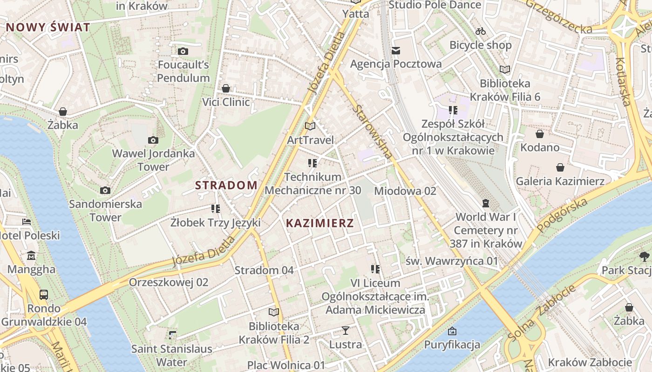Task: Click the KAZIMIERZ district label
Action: [319, 223]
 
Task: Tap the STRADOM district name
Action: [226, 185]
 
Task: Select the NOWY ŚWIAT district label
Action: [48, 27]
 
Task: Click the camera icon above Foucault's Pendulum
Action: [183, 51]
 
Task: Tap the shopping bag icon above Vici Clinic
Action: [226, 88]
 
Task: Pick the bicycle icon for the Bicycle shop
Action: [481, 32]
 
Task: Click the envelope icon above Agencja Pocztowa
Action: [396, 50]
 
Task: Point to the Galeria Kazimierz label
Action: [560, 181]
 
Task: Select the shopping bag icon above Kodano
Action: [540, 134]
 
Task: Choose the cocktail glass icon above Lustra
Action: [345, 331]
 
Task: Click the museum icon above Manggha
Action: [31, 256]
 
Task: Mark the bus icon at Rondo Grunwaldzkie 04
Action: [43, 294]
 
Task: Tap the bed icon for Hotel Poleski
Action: [27, 222]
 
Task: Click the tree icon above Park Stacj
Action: [645, 256]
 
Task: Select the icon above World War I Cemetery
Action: [486, 203]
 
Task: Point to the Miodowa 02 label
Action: [405, 191]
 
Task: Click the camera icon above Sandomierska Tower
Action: [105, 190]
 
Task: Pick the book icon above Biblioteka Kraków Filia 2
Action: [274, 312]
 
